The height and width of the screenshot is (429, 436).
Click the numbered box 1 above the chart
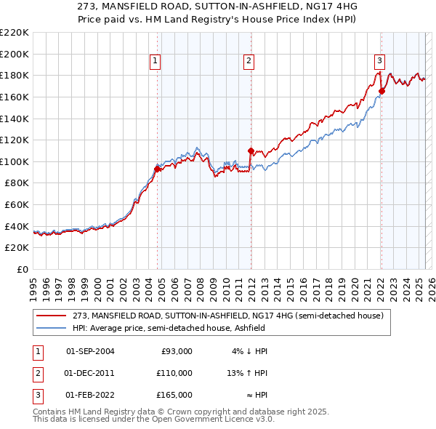point(156,61)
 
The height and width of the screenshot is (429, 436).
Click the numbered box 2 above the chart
point(249,61)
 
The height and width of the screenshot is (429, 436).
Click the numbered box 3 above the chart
point(379,61)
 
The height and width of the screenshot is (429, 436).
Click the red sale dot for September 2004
point(158,169)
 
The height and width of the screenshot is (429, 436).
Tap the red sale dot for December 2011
point(251,151)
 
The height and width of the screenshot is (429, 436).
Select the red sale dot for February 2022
point(381,91)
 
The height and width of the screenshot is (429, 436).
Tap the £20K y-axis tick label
point(17,248)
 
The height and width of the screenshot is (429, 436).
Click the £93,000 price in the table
point(177,351)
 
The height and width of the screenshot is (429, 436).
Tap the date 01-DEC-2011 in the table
point(90,373)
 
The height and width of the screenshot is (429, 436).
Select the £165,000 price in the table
point(174,395)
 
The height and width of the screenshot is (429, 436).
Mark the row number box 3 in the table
point(37,395)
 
